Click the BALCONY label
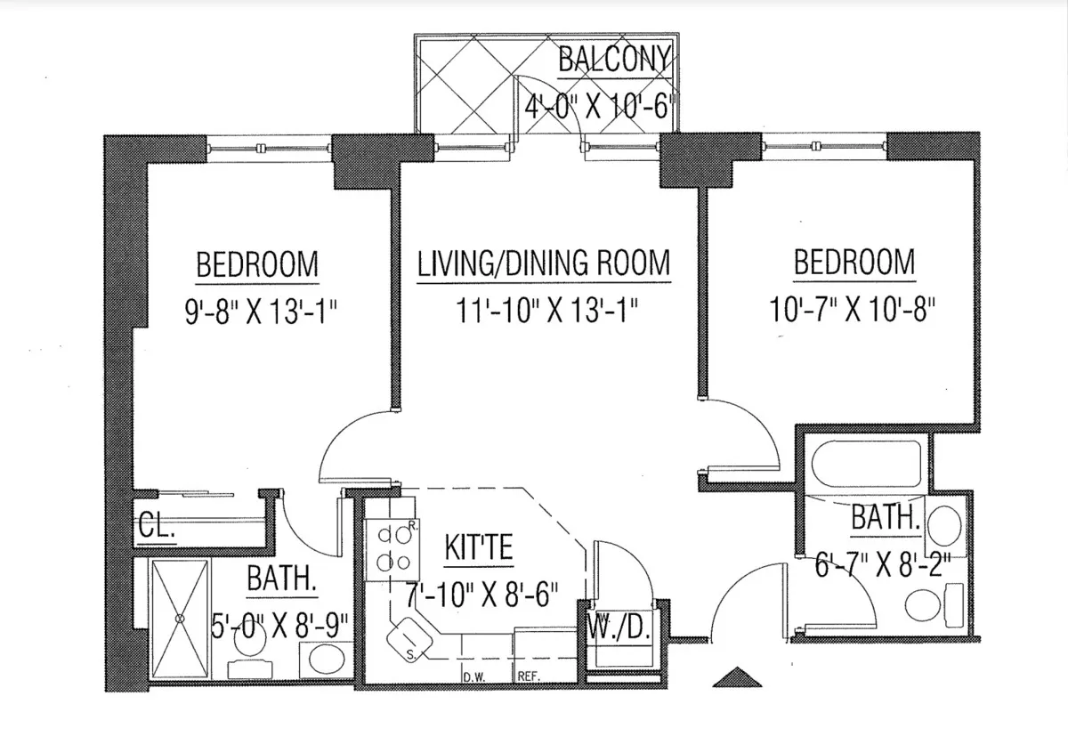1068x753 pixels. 613,59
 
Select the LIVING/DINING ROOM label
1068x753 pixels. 544,263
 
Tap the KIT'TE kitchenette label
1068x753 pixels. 478,547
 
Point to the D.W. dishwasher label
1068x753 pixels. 473,676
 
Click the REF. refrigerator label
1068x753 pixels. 530,676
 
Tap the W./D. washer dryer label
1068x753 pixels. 620,629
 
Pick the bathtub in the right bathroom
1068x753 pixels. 866,466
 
